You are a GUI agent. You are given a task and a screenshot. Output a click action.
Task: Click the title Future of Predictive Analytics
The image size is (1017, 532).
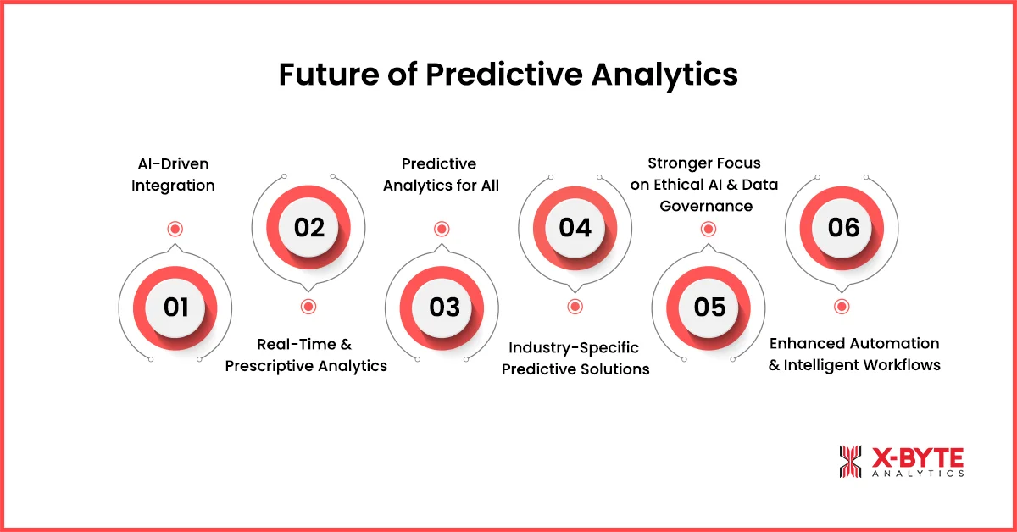coord(508,75)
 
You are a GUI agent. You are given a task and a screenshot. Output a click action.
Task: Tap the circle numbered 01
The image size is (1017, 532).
coord(176,307)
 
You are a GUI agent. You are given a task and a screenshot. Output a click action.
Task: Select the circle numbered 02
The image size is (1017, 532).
coord(309,228)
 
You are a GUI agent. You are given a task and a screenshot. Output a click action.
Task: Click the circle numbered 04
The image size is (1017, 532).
coord(575,228)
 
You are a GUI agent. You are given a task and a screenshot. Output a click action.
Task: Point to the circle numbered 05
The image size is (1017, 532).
coord(709,307)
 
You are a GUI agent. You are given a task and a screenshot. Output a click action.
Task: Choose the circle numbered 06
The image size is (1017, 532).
coord(842,228)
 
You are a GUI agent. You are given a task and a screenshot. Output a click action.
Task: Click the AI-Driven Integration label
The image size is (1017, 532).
coord(173,175)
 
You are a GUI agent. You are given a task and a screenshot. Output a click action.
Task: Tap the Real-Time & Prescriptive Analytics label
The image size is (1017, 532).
coord(306,356)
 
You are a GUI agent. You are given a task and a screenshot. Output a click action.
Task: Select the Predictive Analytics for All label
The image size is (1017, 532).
coord(441,175)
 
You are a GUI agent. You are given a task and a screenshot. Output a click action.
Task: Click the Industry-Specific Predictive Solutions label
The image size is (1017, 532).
coord(575,358)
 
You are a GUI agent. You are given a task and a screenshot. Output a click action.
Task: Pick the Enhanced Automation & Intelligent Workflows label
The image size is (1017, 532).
coord(854,354)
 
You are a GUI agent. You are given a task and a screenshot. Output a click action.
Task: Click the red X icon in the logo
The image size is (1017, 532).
coord(849,462)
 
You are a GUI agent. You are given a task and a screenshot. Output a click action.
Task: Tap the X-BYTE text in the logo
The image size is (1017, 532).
coord(918,457)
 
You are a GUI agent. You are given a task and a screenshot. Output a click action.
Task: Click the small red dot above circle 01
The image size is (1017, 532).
coord(175,229)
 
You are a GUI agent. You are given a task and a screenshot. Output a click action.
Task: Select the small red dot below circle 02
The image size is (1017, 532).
coord(308,307)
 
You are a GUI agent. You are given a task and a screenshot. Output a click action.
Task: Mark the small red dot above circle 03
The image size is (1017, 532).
coord(442,229)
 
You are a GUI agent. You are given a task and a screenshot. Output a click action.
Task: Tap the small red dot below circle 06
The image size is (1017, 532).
coord(841,307)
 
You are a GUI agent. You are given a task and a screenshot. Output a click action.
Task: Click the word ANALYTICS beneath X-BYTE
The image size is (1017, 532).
coord(918,474)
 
